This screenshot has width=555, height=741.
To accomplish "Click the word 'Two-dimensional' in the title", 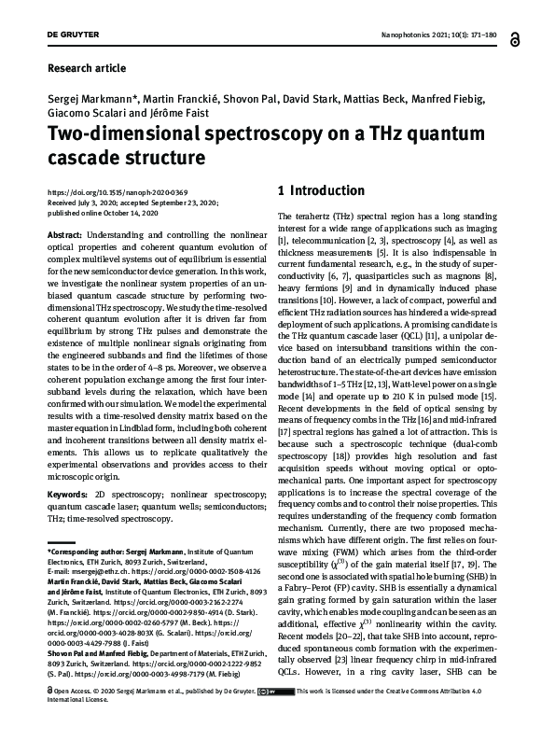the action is pyautogui.click(x=113, y=132).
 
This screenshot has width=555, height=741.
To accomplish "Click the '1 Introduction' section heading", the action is pyautogui.click(x=321, y=191).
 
